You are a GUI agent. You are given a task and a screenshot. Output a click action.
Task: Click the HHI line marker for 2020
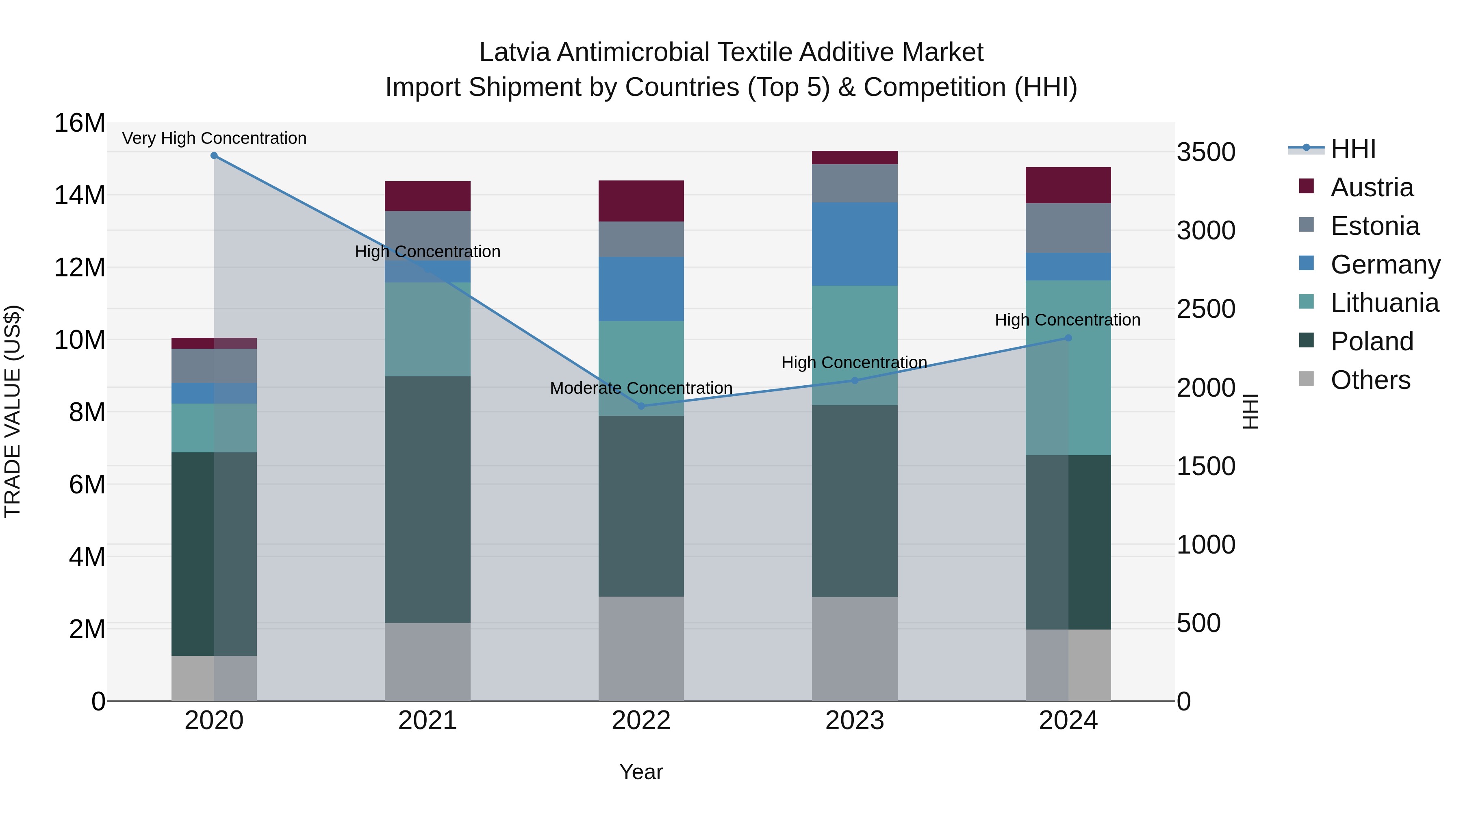[x=214, y=156]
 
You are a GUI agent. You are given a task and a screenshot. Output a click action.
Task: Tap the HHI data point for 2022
[x=641, y=406]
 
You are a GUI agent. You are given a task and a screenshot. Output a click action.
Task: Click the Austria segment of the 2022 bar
[x=641, y=201]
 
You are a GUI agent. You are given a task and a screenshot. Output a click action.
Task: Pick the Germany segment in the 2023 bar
[x=855, y=244]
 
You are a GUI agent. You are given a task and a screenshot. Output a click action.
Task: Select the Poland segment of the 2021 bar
[x=428, y=500]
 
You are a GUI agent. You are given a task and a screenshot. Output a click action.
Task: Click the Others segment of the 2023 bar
[x=855, y=649]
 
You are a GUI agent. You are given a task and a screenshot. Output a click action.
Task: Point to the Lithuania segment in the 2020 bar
[x=214, y=428]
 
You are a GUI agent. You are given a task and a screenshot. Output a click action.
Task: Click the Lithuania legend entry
[x=1384, y=303]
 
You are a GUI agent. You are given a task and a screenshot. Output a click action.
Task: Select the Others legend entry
[x=1370, y=380]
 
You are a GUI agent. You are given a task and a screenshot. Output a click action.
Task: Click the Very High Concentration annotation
[x=214, y=138]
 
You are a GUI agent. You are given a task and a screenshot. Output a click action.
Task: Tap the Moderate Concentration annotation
[x=641, y=388]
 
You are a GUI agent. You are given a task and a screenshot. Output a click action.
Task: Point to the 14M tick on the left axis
[x=80, y=195]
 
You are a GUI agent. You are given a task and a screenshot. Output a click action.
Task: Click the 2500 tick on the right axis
[x=1205, y=309]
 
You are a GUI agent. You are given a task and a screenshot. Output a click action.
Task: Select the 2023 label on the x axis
[x=855, y=721]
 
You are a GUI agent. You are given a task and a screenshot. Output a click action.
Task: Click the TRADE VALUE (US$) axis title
[x=13, y=412]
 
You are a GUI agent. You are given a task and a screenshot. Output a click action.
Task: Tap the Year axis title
[x=641, y=772]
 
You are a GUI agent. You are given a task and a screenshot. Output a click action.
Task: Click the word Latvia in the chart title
[x=514, y=52]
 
